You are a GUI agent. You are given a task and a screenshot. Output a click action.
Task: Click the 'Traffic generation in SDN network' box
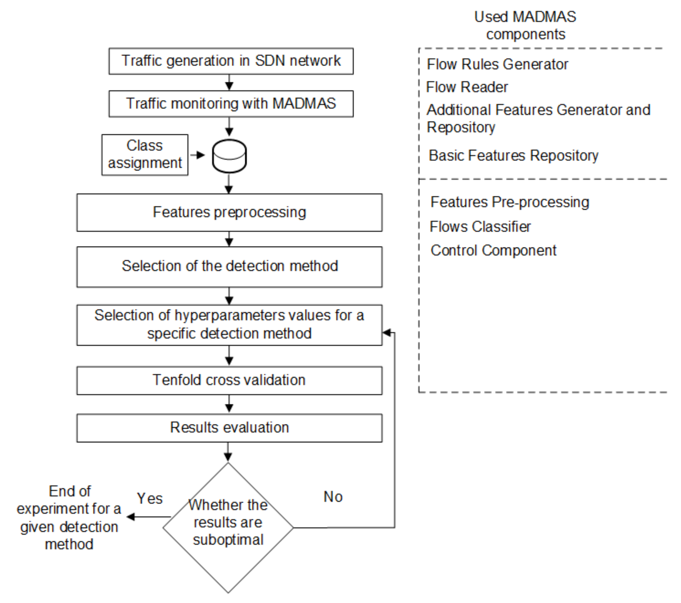[x=231, y=61]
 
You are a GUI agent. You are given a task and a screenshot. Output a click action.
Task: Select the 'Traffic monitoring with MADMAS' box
[x=231, y=104]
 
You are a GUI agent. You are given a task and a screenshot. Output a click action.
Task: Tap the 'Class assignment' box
[x=145, y=155]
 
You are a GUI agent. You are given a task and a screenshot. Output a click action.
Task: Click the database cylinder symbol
[x=229, y=156]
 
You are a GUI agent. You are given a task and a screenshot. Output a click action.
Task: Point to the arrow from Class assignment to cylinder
[x=198, y=155]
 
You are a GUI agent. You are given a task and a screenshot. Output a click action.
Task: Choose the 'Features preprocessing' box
[x=229, y=212]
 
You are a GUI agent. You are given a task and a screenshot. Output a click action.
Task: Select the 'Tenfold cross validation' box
[x=229, y=380]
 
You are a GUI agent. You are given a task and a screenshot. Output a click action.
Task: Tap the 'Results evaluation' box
[x=229, y=428]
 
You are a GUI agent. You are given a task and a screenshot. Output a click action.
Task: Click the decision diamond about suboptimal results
[x=228, y=527]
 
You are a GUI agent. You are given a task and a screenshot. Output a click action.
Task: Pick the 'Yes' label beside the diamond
[x=150, y=499]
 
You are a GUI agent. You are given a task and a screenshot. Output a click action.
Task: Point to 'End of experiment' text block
[x=69, y=517]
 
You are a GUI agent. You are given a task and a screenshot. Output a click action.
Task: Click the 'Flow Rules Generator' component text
[x=497, y=64]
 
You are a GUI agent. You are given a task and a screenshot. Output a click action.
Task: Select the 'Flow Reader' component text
[x=467, y=87]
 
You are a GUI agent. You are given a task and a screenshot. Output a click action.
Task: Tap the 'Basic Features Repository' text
[x=513, y=155]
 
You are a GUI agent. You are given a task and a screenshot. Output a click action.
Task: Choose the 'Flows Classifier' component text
[x=480, y=227]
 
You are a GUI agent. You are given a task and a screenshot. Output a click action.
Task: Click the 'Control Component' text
[x=493, y=250]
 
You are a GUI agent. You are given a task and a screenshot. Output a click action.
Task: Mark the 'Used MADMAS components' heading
[x=525, y=25]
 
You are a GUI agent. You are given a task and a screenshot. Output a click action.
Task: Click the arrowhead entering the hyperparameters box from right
[x=386, y=333]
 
